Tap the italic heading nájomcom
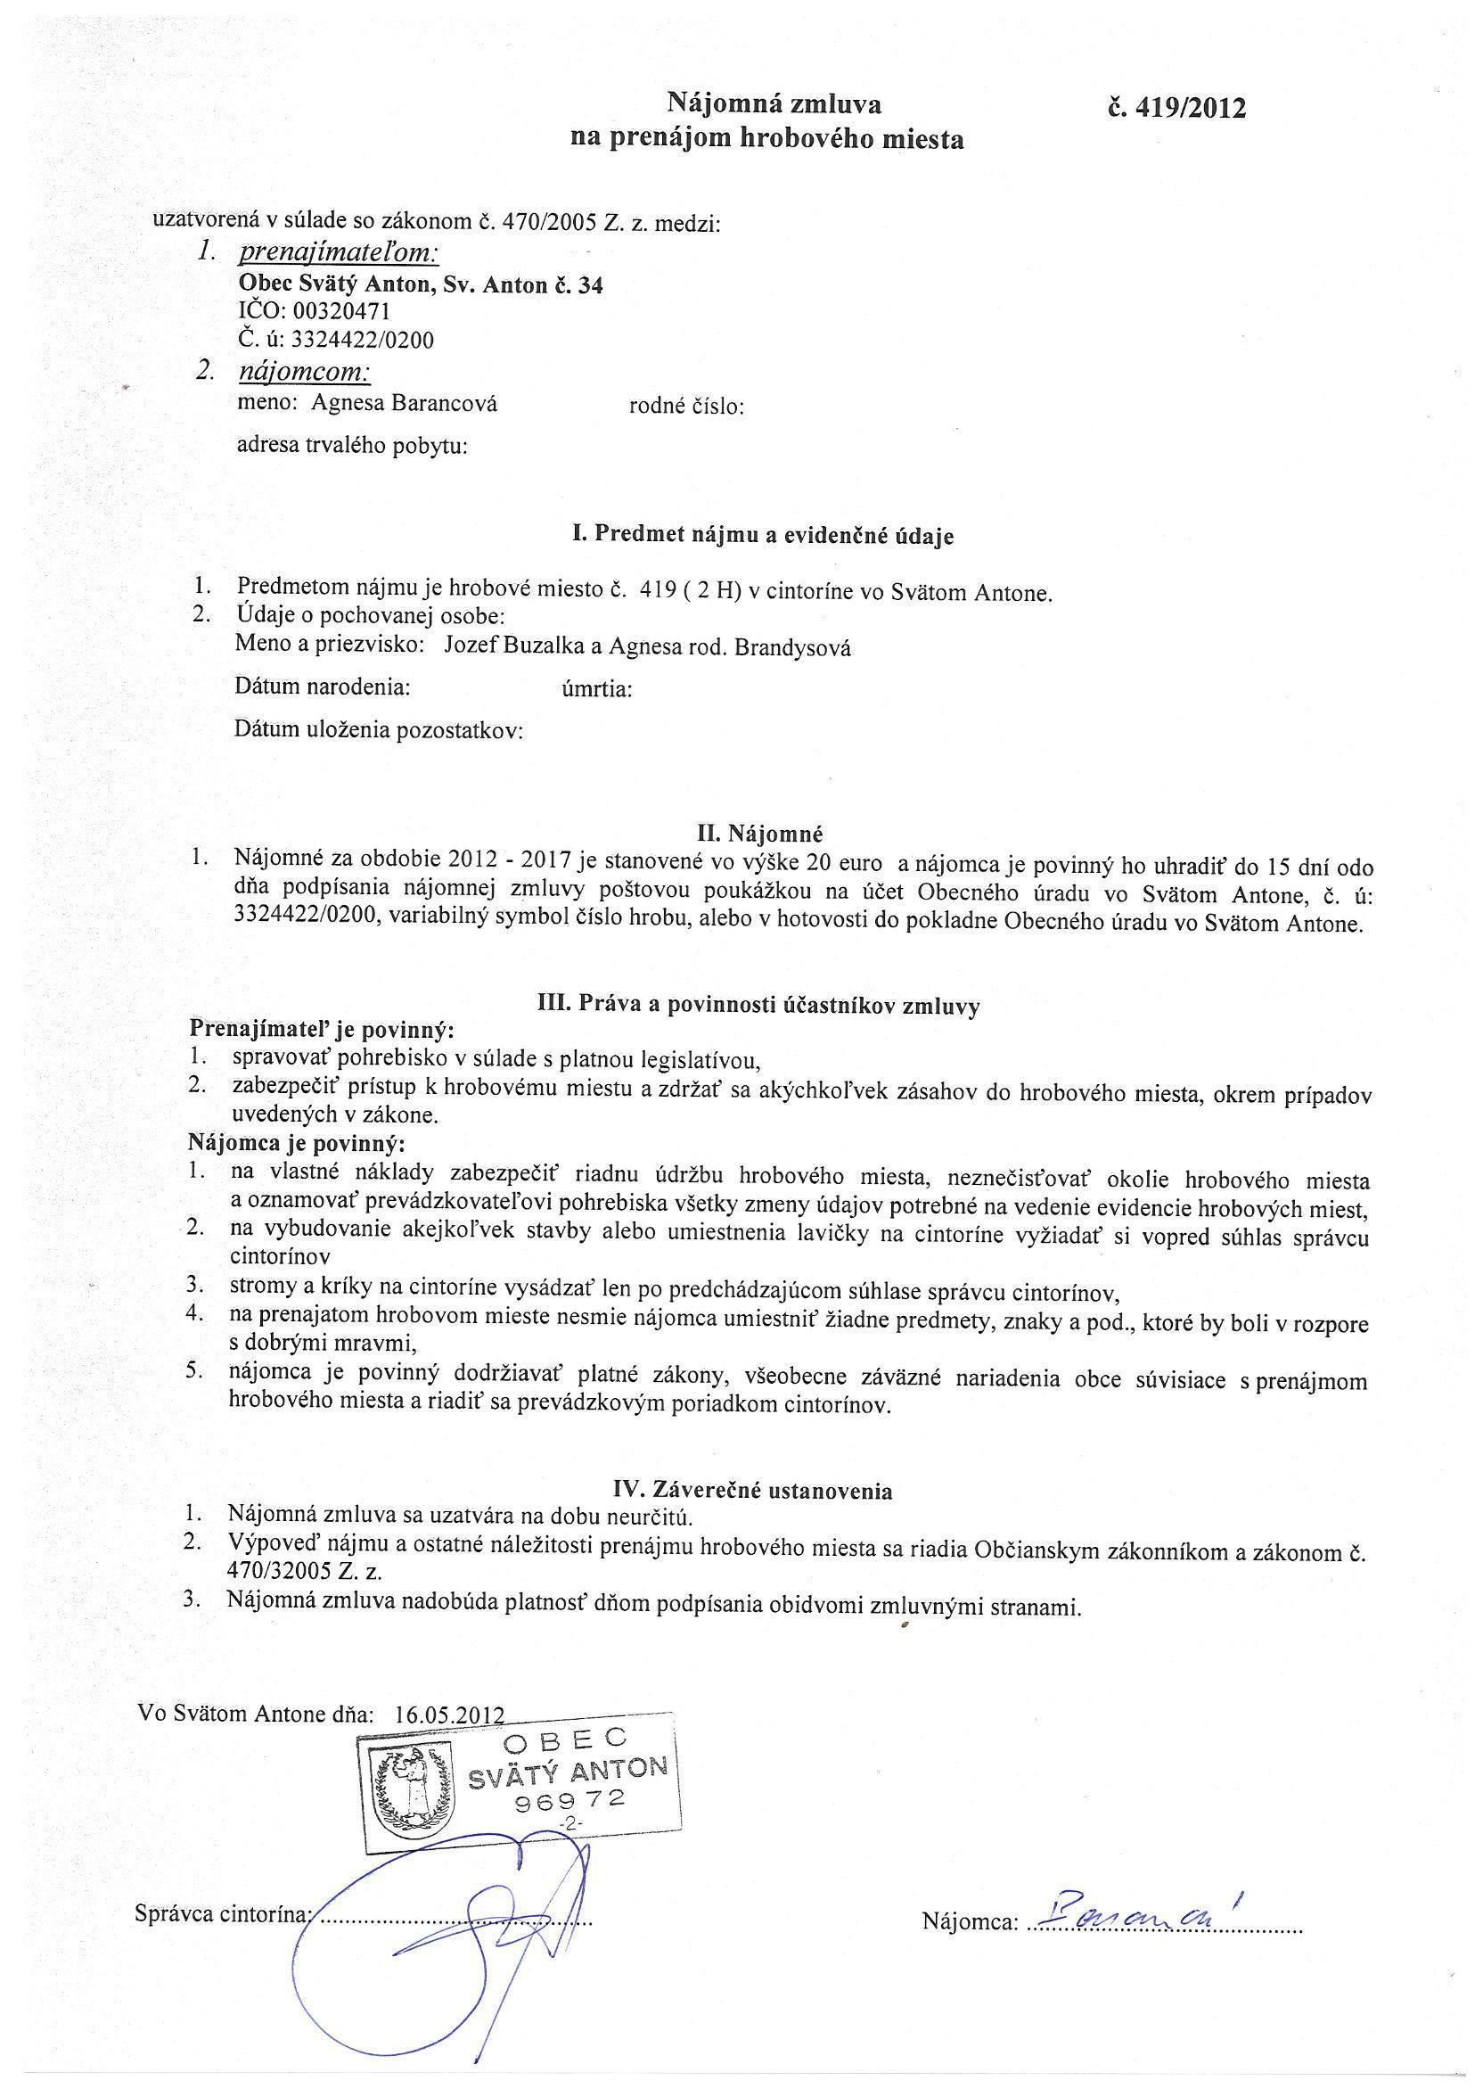click(x=304, y=374)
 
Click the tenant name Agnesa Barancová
click(x=405, y=404)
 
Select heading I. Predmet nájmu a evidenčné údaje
click(x=762, y=536)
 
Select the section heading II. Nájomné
click(x=759, y=833)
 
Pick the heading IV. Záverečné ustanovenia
click(x=752, y=1491)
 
